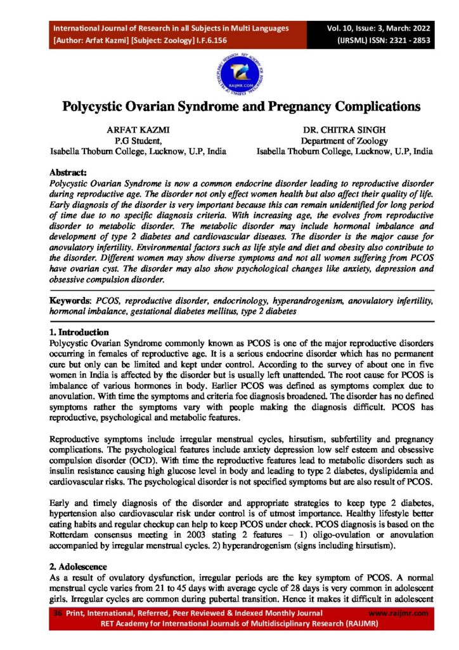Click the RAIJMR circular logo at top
(229, 67)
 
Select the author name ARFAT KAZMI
(139, 131)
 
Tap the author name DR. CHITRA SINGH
(344, 131)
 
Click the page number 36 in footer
(58, 613)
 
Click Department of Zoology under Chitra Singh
(344, 141)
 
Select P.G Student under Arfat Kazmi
(139, 141)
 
